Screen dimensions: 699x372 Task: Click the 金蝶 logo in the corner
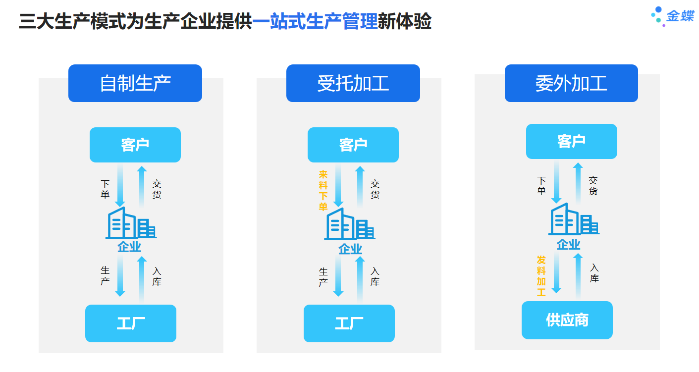coord(673,16)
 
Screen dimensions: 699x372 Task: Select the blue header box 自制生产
coord(135,83)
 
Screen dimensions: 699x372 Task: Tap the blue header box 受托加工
coord(353,83)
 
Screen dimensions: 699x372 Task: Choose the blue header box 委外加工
coord(571,83)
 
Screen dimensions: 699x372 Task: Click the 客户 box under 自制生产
coord(135,145)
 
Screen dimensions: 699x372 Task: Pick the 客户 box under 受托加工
coord(353,145)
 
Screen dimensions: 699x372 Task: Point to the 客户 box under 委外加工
coord(571,141)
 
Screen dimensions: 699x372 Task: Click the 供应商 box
coord(567,320)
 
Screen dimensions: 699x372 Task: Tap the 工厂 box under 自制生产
coord(131,323)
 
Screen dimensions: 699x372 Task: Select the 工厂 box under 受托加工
coord(349,323)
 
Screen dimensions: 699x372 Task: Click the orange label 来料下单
coord(323,190)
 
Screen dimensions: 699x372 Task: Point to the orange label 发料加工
coord(541,276)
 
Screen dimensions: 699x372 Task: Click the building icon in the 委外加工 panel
coord(574,219)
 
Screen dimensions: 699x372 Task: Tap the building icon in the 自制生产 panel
coord(131,223)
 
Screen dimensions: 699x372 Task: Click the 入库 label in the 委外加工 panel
coord(594,273)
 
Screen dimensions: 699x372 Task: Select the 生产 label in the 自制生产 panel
coord(105,276)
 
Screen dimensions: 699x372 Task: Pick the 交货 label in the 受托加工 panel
coord(375,189)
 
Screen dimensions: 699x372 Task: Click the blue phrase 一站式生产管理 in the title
coord(315,21)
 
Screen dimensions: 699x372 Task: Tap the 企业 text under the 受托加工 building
coord(350,249)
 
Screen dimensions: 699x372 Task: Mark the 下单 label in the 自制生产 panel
coord(105,189)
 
